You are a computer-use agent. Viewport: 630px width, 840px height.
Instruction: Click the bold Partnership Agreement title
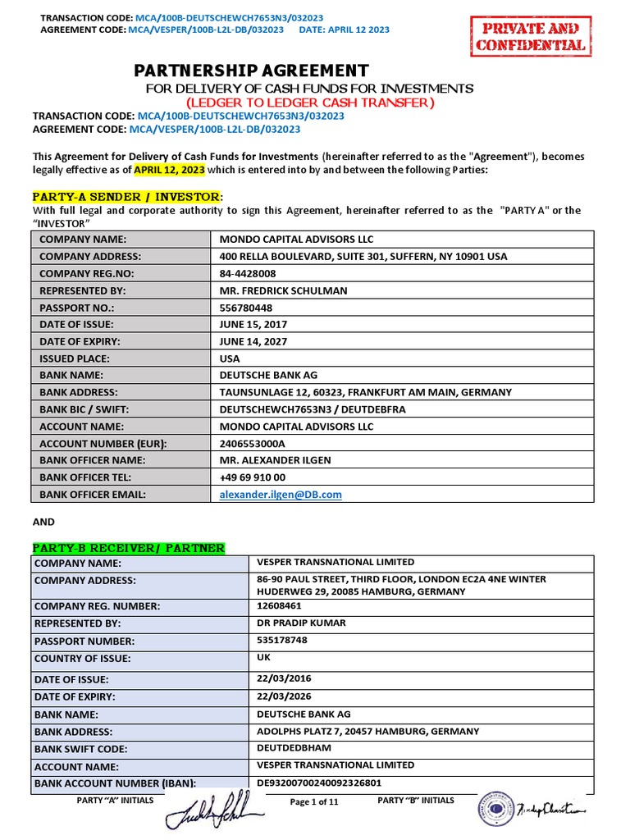point(252,71)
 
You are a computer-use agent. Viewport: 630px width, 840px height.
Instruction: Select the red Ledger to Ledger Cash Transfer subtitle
point(309,103)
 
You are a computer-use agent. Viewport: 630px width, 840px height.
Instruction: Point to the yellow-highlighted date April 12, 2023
point(169,170)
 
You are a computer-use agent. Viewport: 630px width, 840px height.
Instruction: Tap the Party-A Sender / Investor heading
point(126,197)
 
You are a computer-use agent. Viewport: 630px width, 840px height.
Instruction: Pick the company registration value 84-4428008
point(248,273)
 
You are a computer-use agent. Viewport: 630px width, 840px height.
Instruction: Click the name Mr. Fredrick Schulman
point(283,290)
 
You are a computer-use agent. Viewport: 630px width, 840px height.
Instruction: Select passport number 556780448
point(245,308)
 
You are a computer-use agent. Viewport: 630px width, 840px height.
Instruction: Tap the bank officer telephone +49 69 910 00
point(253,477)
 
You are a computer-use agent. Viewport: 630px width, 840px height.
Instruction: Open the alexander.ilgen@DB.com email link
point(281,494)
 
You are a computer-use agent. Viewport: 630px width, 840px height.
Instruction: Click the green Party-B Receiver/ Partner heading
point(128,548)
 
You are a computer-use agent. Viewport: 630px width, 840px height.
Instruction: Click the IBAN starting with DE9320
point(319,783)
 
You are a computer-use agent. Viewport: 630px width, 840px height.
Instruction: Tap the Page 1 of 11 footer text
point(314,802)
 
